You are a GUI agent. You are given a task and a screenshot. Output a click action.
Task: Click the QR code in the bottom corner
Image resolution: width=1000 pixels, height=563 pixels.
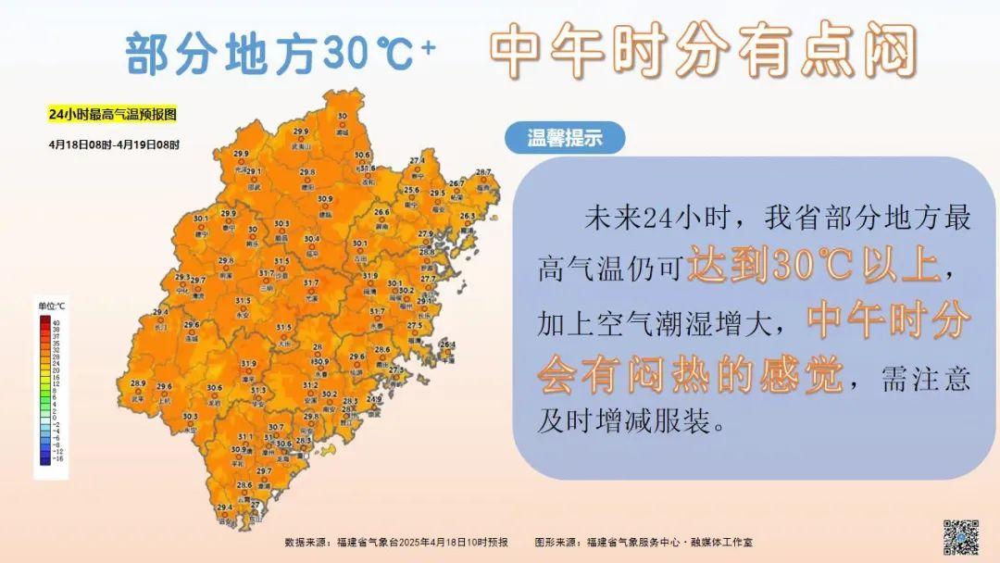coord(960,536)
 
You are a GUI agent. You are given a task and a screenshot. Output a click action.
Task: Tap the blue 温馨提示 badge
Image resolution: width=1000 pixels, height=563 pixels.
coord(565,139)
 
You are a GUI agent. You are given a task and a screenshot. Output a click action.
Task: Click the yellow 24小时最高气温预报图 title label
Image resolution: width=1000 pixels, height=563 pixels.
coord(112,115)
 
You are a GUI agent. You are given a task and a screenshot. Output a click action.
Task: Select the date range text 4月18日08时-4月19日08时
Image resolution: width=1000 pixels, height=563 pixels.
coord(115,144)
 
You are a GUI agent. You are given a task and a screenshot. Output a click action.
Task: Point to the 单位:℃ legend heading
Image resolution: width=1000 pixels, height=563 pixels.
coord(51,306)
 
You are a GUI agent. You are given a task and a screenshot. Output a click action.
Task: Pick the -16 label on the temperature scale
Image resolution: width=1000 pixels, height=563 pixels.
coord(56,458)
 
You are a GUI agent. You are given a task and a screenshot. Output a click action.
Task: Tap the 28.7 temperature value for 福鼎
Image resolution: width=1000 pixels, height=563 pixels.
coord(482,172)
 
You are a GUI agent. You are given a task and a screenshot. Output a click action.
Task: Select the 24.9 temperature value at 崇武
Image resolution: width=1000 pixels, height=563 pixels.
coord(374,398)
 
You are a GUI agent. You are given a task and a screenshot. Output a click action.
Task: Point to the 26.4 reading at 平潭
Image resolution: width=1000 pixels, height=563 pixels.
coord(447,344)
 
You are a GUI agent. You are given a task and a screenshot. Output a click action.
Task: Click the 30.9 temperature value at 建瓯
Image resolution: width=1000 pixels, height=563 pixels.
coord(325,198)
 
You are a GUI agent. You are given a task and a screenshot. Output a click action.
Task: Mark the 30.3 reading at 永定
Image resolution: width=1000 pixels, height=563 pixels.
coord(190,417)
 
